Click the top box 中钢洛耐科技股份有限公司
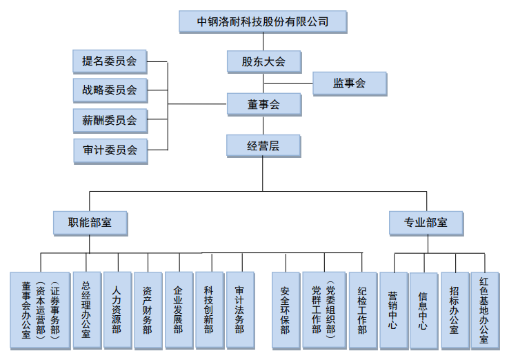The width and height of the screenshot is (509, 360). (262, 21)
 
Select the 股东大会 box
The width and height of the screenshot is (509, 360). (263, 61)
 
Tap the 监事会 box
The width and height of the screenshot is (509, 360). (349, 83)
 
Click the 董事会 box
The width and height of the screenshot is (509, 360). (263, 104)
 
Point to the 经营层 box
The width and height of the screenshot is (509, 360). (263, 146)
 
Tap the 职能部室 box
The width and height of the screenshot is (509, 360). (90, 223)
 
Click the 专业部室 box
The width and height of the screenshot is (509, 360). (426, 223)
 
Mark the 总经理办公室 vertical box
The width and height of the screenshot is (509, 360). (86, 310)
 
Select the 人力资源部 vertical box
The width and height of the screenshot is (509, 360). (117, 310)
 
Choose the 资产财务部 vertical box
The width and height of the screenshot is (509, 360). (148, 310)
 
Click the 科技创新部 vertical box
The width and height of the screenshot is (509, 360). (209, 310)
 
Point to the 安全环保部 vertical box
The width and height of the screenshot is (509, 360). (285, 310)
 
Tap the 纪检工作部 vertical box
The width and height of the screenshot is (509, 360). (362, 310)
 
